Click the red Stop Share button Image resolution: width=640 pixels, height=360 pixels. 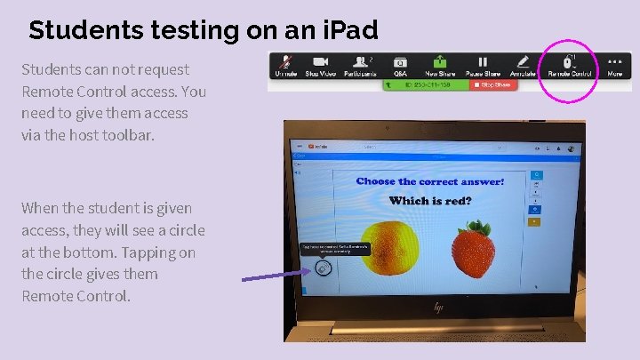[492, 84]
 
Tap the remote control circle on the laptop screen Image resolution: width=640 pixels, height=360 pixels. [324, 268]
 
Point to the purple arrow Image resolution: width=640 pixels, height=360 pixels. [276, 275]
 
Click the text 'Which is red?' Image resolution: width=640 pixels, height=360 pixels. [430, 201]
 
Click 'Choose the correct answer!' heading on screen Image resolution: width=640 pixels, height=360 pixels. [430, 181]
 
